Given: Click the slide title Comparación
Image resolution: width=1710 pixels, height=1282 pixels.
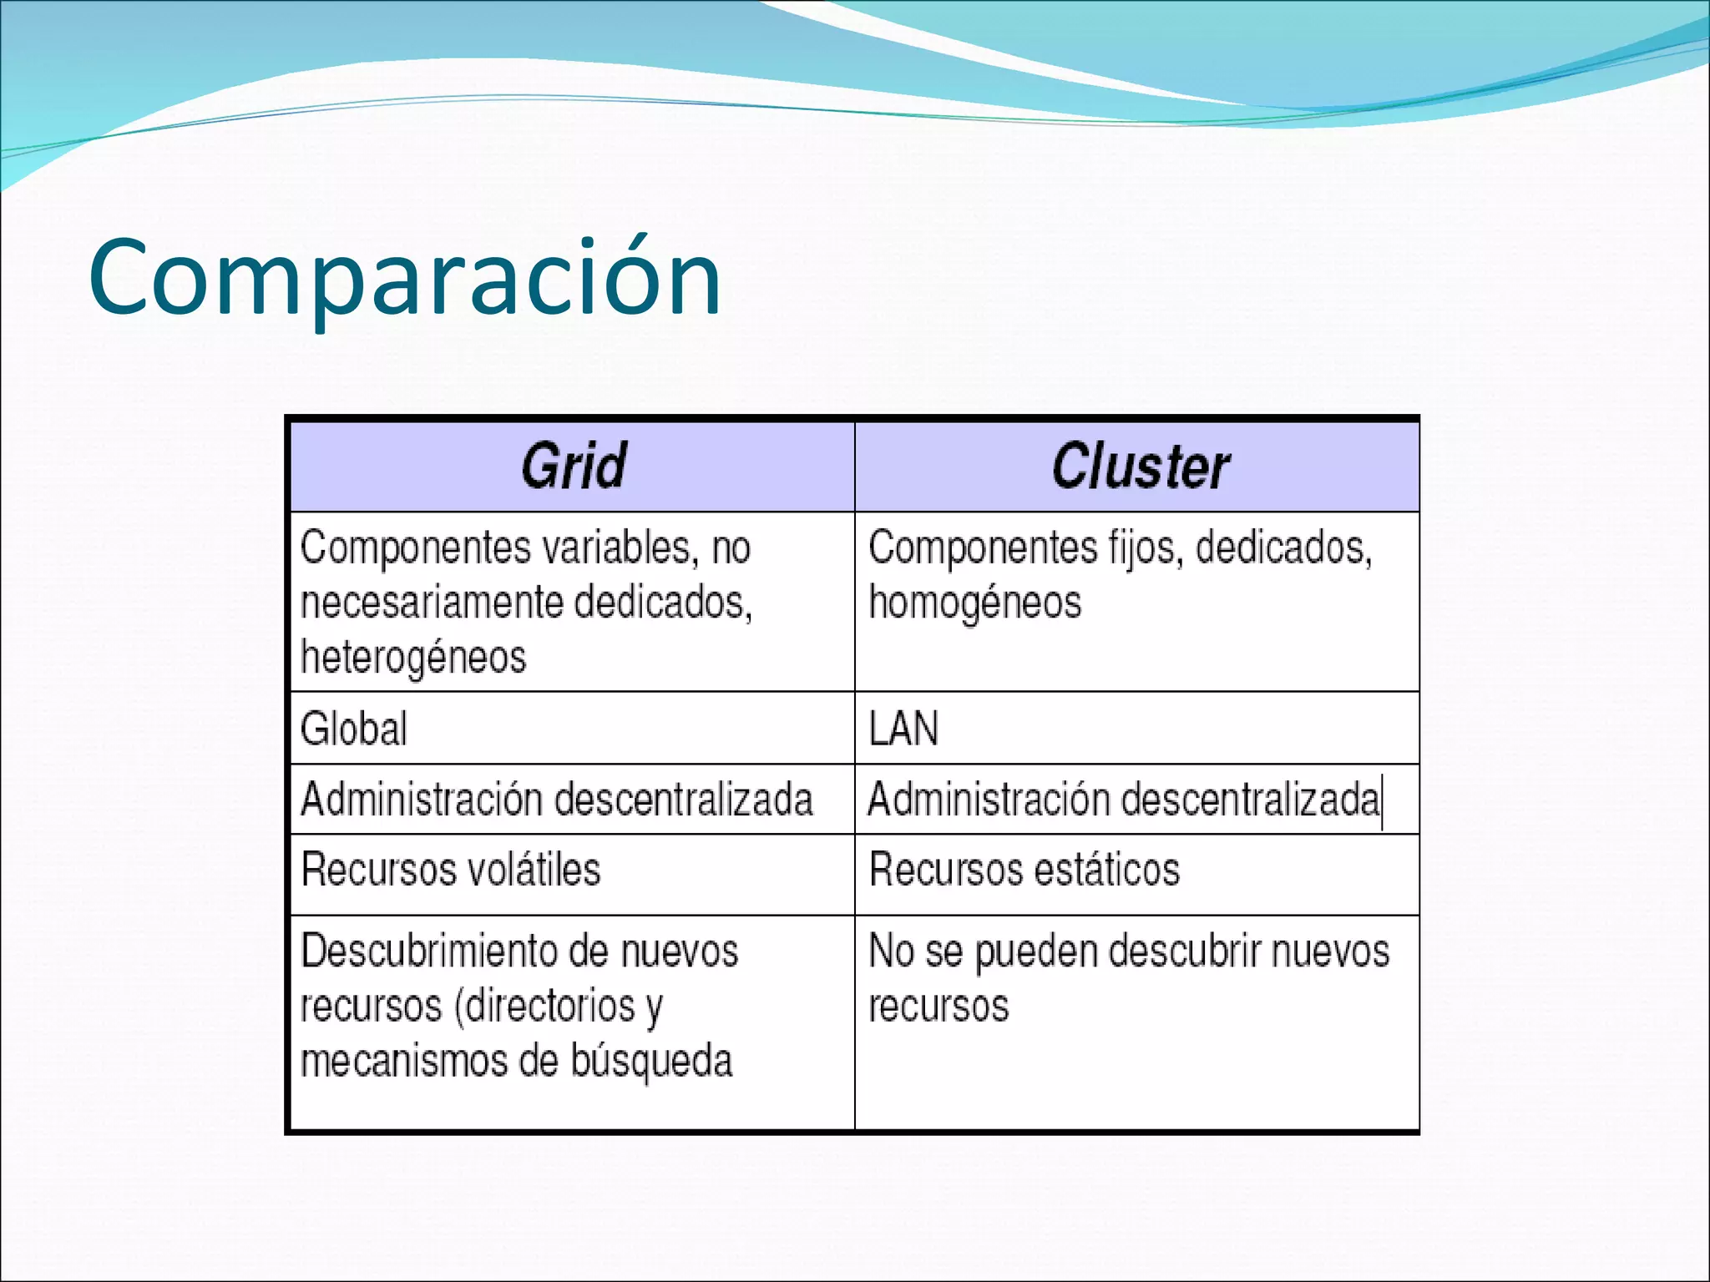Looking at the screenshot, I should [x=405, y=279].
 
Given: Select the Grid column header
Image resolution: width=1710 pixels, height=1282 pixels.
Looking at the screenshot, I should [x=574, y=466].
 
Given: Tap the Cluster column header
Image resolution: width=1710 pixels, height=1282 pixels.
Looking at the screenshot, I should [x=1140, y=466].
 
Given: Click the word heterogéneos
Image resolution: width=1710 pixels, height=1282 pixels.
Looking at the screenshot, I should [x=413, y=658].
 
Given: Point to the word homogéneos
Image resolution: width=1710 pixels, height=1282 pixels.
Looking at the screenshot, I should [x=974, y=603].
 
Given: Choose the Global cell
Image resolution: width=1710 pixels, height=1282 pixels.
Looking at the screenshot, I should [x=354, y=729].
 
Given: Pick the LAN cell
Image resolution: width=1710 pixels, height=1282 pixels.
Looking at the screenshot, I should [x=903, y=729].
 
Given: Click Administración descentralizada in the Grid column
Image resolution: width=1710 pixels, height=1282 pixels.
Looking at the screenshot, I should [x=556, y=800].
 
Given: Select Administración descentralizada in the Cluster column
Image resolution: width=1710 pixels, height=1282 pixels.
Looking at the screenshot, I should [x=1124, y=800].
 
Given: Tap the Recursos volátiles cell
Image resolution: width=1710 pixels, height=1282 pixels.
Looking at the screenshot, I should [x=451, y=870].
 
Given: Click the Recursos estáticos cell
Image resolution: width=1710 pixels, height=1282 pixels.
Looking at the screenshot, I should [x=1024, y=870].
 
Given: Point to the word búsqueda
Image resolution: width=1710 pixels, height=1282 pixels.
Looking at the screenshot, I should [x=651, y=1062].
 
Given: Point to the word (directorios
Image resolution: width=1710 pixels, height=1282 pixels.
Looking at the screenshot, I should [x=544, y=1007].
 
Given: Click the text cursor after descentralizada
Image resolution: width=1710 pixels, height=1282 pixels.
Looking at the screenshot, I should [x=1383, y=801].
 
